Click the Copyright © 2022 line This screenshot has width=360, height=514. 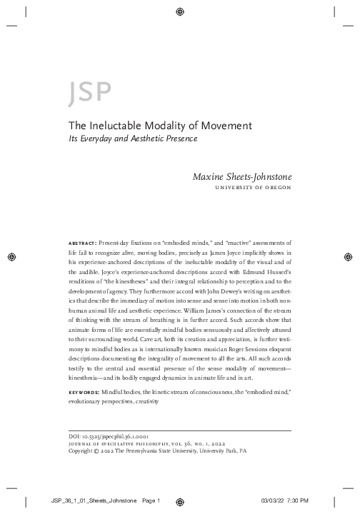(156, 451)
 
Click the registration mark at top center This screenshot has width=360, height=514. (179, 12)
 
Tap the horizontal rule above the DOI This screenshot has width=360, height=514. (179, 430)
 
